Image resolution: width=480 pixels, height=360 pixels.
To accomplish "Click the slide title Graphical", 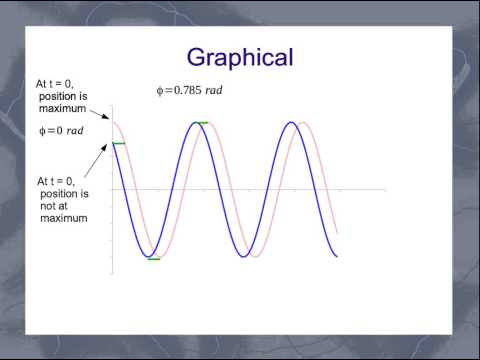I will [x=240, y=57].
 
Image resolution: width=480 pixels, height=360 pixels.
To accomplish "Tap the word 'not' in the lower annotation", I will [x=49, y=206].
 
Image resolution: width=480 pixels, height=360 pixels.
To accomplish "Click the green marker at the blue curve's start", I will [x=119, y=144].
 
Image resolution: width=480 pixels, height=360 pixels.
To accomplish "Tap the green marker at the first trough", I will [x=153, y=259].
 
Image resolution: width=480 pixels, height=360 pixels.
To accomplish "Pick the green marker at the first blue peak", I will [x=203, y=122].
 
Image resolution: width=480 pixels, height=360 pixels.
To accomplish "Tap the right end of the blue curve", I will [x=337, y=257].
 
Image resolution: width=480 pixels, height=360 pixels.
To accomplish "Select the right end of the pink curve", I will [x=337, y=235].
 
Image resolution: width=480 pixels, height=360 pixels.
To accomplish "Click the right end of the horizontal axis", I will [x=385, y=189].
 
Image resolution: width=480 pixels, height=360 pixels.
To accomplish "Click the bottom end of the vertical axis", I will [x=112, y=273].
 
